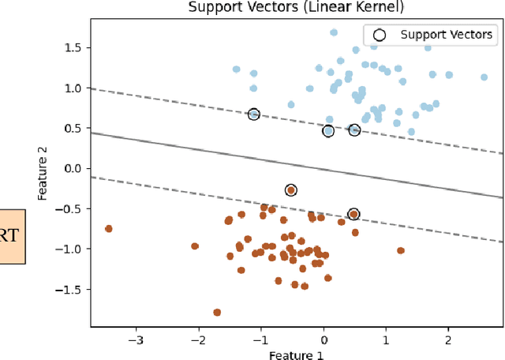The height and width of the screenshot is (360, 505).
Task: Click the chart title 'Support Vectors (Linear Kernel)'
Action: pyautogui.click(x=296, y=8)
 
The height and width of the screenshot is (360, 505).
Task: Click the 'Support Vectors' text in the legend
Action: pyautogui.click(x=446, y=34)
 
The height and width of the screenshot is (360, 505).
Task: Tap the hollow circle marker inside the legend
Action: pyautogui.click(x=380, y=34)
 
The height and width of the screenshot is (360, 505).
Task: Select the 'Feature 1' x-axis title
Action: pyautogui.click(x=296, y=354)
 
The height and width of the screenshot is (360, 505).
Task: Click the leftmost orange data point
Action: pyautogui.click(x=109, y=229)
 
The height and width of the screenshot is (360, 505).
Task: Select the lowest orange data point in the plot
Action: pyautogui.click(x=217, y=313)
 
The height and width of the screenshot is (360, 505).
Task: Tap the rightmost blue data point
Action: pyautogui.click(x=484, y=77)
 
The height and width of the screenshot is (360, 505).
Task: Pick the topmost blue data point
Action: pyautogui.click(x=334, y=32)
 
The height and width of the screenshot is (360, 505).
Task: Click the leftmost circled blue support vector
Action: pyautogui.click(x=253, y=114)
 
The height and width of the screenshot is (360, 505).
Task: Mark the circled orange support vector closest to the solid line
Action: pyautogui.click(x=291, y=190)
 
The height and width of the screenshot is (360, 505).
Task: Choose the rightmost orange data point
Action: pyautogui.click(x=401, y=250)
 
